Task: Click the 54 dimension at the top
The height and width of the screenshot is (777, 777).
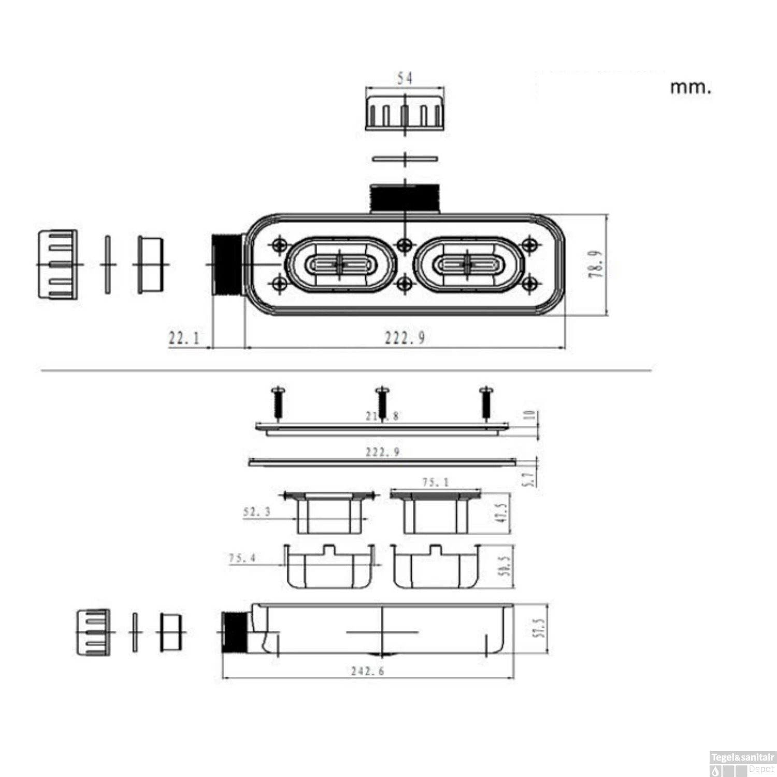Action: point(405,78)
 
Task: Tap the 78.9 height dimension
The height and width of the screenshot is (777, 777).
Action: point(596,264)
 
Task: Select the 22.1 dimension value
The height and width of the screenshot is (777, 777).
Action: point(184,338)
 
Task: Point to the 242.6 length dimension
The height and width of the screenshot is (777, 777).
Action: point(367,671)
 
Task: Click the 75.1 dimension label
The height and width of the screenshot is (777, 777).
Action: point(435,482)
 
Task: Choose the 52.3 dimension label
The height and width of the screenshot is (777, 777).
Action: point(257,512)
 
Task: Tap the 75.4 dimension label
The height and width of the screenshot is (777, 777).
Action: point(242,558)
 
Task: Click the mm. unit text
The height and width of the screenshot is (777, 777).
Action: point(690,87)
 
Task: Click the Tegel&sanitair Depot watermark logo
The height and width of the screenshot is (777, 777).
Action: point(742,764)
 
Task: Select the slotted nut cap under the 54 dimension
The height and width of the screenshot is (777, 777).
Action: point(405,111)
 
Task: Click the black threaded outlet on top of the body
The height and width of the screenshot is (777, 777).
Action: point(405,198)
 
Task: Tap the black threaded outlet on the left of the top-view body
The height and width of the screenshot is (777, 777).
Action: point(227,265)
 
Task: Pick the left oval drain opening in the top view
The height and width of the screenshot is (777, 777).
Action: point(340,265)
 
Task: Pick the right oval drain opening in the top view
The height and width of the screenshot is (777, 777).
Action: point(467,265)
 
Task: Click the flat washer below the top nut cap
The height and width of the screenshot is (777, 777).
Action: point(405,159)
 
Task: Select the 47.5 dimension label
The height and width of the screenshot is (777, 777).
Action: point(501,512)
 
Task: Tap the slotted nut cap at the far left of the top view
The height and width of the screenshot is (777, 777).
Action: point(57,265)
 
